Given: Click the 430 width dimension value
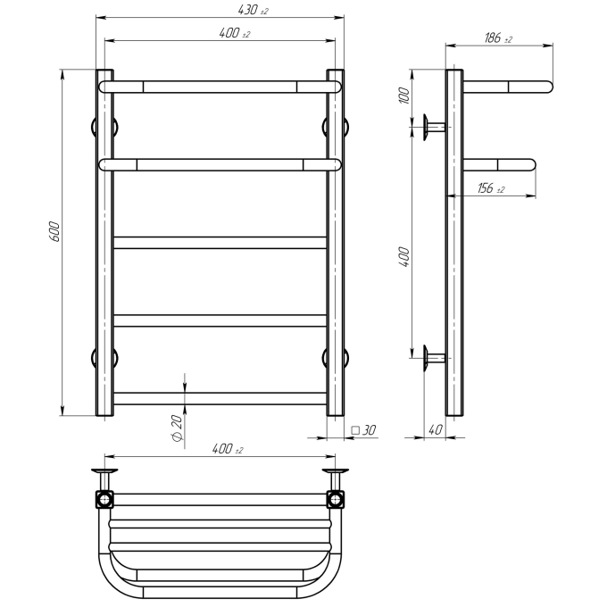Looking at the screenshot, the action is tap(254, 10).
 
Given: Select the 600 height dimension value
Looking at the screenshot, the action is tap(54, 231).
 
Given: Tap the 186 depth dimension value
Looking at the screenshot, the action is tap(498, 37).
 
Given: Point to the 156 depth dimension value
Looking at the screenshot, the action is tap(491, 188).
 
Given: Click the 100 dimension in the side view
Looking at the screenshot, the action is tap(404, 96).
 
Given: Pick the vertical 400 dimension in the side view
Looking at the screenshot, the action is tap(404, 256).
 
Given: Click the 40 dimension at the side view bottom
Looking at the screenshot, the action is tap(436, 429).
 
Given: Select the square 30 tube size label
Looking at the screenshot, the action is tap(363, 430).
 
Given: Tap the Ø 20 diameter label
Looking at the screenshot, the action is tap(177, 428).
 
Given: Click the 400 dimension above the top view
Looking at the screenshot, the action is tap(228, 449).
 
